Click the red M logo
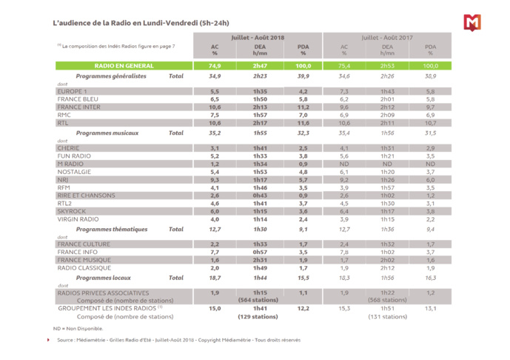point(472,23)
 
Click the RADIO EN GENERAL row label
point(104,66)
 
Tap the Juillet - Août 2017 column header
point(387,36)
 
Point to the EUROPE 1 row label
point(73,90)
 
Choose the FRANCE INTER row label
point(79,107)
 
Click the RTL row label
point(64,123)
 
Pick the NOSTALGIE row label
point(76,172)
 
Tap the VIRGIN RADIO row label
point(79,219)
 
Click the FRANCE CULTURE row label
point(84,244)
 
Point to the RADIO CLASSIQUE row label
point(84,268)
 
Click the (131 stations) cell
point(387,316)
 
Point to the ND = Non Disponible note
point(78,327)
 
